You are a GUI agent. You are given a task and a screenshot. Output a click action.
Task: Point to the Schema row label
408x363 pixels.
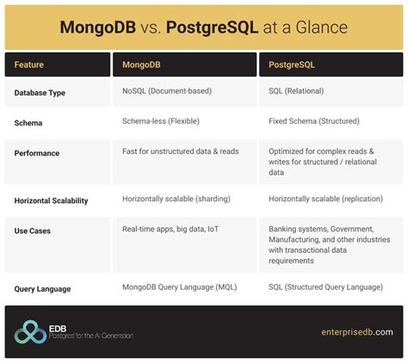coord(30,123)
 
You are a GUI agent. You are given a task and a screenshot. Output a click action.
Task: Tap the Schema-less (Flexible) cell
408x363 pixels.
coord(168,122)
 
